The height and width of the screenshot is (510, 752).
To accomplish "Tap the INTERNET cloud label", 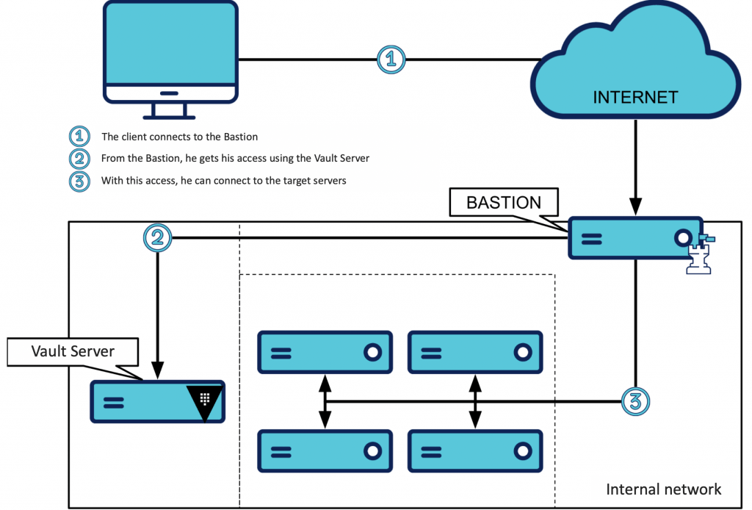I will coord(635,97).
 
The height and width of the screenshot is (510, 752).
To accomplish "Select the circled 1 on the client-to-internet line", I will coord(391,59).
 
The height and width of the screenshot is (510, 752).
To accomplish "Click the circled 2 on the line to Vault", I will coord(157,238).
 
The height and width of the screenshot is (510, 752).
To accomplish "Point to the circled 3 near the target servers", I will coord(635,401).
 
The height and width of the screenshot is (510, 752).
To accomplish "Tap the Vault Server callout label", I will coord(73,351).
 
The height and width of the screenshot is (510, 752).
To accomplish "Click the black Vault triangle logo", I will coord(205,401).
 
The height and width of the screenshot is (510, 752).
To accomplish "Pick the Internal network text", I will coord(663,489).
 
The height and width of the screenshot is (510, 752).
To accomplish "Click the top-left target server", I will coord(325,352).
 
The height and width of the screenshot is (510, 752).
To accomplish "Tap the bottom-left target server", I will coord(325,450).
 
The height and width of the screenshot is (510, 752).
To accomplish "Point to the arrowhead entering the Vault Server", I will coord(157,371).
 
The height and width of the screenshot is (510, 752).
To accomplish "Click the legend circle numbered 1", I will coord(79,137).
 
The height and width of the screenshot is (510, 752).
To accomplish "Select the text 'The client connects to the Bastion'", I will coord(179,137).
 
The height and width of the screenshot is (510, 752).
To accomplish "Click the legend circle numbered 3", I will coord(79,181).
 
